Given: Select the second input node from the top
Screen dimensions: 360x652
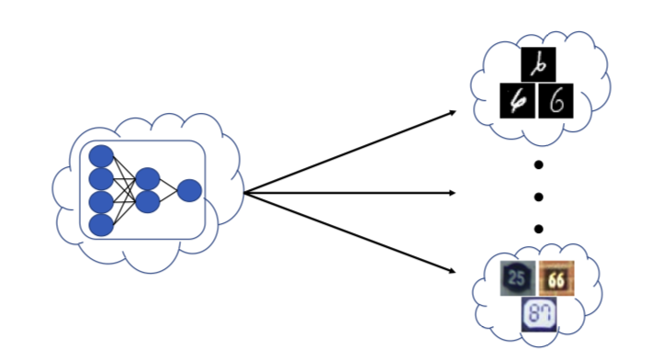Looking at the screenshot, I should coord(101,179).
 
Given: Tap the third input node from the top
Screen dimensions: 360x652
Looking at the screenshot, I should coord(101,201).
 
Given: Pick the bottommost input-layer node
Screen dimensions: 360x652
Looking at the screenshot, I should coord(101,224).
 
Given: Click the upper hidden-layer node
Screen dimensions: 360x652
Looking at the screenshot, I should coord(147,179).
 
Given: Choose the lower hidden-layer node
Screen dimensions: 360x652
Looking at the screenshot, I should coord(147,201).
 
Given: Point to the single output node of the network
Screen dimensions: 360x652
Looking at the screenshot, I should coord(189,190).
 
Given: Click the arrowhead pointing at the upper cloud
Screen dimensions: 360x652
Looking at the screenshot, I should coord(453,112).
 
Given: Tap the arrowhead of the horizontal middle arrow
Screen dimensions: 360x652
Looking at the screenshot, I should coord(453,193).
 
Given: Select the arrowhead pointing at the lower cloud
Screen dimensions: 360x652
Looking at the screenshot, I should coord(453,271).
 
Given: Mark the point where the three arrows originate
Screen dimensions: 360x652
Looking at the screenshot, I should coord(246,193).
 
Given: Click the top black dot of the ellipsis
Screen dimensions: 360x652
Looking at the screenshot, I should coord(538,165).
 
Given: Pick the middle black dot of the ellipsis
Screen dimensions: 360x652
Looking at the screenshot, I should coord(538,197).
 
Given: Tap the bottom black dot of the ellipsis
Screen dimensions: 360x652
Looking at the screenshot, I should coord(538,229).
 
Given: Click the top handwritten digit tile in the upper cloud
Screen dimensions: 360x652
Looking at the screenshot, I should coord(536,65).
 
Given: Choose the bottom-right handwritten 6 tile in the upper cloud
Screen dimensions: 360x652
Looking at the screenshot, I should coord(556,101).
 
